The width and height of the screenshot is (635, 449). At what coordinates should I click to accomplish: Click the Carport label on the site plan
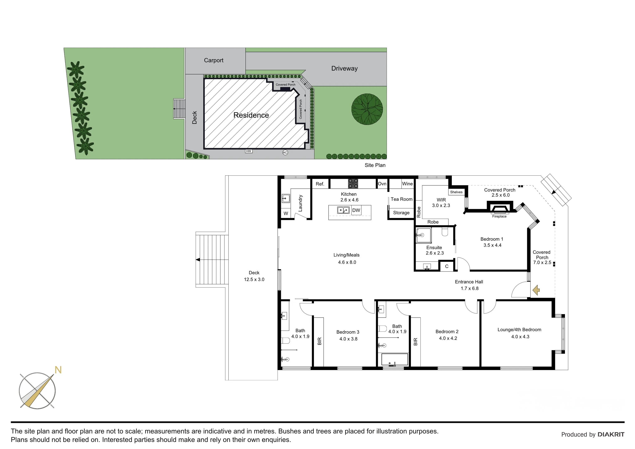click(213, 60)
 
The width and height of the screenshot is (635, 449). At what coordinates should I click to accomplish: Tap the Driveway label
click(344, 68)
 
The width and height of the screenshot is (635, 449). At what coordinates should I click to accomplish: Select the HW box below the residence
click(249, 151)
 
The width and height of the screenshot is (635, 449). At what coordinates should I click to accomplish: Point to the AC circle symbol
click(285, 152)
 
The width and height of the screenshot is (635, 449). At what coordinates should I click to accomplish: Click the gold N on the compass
click(58, 370)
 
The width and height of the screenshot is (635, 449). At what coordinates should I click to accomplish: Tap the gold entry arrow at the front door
click(536, 290)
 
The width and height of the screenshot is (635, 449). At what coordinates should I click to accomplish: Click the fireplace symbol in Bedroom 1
click(500, 208)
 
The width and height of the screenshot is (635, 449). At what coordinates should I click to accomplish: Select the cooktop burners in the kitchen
click(353, 183)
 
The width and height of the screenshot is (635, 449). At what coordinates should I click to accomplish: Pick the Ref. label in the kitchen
click(320, 184)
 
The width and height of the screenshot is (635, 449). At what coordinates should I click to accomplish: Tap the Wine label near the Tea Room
click(407, 184)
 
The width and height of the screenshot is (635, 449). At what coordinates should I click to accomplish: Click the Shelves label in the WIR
click(456, 192)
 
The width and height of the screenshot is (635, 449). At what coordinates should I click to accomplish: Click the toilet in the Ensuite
click(445, 232)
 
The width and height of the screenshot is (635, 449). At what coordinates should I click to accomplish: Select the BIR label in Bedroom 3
click(319, 341)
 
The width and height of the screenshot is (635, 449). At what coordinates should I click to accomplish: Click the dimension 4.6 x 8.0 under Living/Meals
click(347, 262)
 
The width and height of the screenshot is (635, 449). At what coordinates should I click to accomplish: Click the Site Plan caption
click(375, 165)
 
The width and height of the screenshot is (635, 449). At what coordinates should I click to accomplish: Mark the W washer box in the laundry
click(286, 213)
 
